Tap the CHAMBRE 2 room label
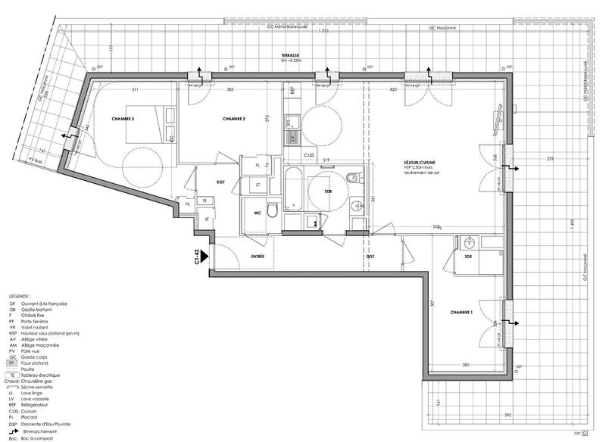(237, 120)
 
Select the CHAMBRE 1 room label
(464, 312)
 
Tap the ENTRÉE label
(262, 257)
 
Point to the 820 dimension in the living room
(392, 90)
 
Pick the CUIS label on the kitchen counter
(308, 154)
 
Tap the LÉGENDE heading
(20, 296)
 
